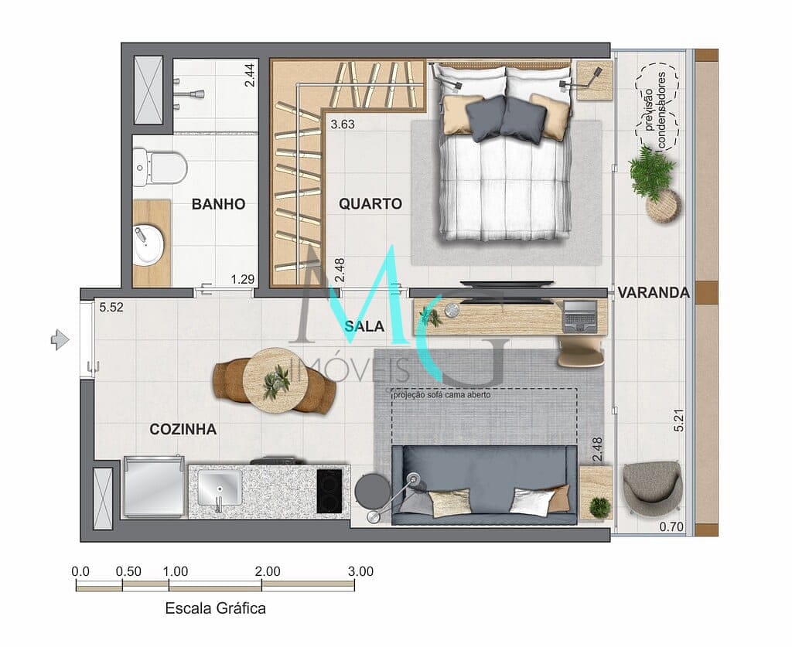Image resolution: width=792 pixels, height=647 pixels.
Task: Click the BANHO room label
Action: coord(218,204)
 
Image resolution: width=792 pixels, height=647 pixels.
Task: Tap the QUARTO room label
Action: coord(370,204)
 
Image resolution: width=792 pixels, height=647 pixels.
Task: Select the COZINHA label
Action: coord(183,430)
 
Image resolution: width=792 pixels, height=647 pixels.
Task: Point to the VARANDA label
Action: coord(654,293)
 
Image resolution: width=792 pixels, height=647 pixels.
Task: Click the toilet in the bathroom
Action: coord(159,167)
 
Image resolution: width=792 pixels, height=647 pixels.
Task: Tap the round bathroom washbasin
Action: coord(148,245)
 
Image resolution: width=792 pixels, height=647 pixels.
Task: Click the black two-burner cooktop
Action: coord(329,491)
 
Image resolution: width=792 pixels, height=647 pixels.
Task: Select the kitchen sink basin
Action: coord(219,488)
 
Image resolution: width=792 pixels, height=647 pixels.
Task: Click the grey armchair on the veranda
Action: coord(652,488)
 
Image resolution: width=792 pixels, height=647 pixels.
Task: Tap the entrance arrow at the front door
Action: coord(60,339)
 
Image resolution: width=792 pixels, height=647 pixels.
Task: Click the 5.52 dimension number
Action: coord(111,308)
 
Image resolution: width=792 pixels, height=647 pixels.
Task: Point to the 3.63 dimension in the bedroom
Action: coord(343,124)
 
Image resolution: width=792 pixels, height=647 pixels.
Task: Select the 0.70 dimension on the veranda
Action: coord(671,527)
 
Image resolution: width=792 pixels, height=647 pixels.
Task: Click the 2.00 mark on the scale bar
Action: coord(267,571)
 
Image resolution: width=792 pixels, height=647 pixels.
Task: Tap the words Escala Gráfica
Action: coord(215,608)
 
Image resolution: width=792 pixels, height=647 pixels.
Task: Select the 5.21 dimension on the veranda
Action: coord(679,420)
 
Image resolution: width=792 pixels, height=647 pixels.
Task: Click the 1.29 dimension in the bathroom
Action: coord(242,279)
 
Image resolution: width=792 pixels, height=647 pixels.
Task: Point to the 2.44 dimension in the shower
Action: coord(250,75)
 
